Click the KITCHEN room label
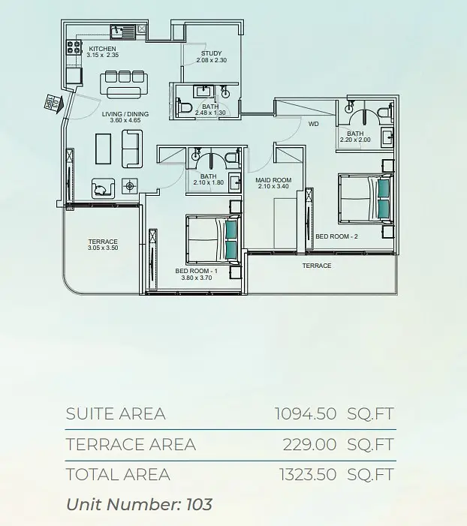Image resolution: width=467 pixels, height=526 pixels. coord(102,49)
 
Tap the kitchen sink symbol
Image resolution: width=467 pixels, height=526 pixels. coord(122,32)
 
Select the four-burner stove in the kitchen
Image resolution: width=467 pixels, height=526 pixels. coord(74,47)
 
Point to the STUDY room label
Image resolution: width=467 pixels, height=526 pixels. coord(212,53)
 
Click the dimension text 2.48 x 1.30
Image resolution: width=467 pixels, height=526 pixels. coord(210,113)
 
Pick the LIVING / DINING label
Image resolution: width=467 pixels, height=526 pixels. coord(125,114)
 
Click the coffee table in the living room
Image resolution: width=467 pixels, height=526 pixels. coord(103,149)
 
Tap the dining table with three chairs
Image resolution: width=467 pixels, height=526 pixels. coord(124,84)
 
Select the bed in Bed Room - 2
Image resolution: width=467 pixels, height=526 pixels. coord(366,198)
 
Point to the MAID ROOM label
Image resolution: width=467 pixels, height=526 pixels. coord(273,180)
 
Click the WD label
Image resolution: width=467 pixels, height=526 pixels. coord(314,124)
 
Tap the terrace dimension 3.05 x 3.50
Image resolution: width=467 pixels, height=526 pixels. coord(103,248)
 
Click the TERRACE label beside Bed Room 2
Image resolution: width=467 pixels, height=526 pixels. coord(317,266)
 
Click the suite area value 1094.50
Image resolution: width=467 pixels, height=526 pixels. coord(306,413)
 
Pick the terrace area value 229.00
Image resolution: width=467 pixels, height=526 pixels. coord(309,445)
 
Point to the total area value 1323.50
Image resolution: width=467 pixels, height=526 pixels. coord(308,475)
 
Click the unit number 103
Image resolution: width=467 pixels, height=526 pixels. coord(199,504)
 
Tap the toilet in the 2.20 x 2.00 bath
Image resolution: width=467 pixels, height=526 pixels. coord(385,112)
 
